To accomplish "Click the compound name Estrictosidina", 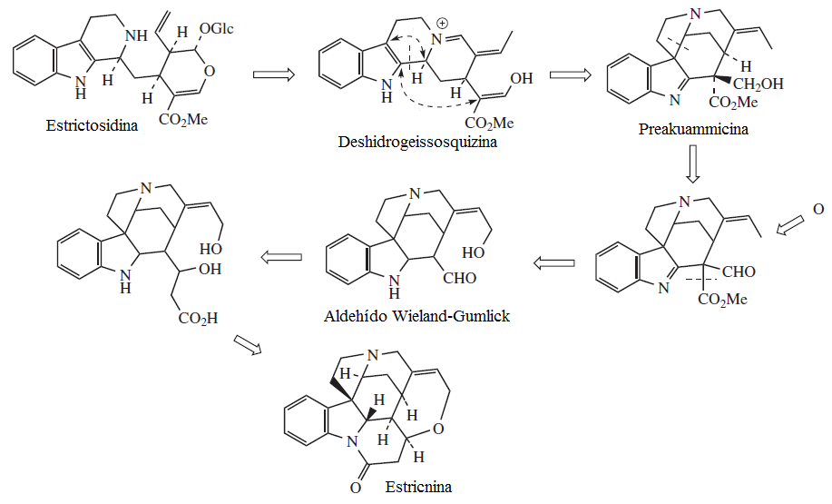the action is click(x=92, y=126).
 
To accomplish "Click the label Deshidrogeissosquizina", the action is click(x=417, y=143).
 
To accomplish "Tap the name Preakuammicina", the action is click(x=693, y=129).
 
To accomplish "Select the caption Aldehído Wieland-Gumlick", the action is click(x=416, y=316).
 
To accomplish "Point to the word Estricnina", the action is click(x=418, y=487).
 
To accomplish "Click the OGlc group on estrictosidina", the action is click(x=217, y=28).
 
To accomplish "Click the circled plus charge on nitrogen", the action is click(x=443, y=24).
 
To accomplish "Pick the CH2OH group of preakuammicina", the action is click(x=758, y=84).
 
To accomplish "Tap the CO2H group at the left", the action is click(x=199, y=319).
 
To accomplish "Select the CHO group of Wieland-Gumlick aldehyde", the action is click(x=459, y=278).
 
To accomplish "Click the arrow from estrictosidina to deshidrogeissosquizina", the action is click(x=273, y=74).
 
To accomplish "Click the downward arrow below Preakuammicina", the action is click(x=692, y=164).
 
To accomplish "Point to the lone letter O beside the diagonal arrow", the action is click(x=818, y=209).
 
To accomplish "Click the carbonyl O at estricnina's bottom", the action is click(x=356, y=488).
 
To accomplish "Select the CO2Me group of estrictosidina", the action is click(x=183, y=120).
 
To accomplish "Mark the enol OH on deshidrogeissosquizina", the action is click(x=521, y=79).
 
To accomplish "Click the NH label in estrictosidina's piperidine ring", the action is click(x=136, y=35).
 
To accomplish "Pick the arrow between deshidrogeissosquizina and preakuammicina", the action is click(x=570, y=74).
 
